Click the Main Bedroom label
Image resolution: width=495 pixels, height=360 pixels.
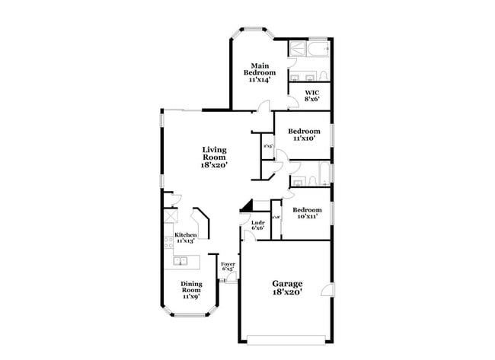(x=260, y=72)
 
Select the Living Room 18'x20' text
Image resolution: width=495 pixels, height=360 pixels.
(x=214, y=157)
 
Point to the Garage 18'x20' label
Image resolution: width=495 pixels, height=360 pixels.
(x=287, y=287)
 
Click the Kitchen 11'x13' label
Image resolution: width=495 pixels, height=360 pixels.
(x=187, y=237)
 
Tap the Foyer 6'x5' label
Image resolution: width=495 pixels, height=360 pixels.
(x=228, y=266)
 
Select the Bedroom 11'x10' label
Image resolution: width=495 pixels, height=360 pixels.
(x=304, y=134)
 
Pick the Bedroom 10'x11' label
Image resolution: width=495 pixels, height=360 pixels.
(x=306, y=212)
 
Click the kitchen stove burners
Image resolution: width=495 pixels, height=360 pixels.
(x=168, y=243)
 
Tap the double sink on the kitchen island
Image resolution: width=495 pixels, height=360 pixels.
(x=181, y=261)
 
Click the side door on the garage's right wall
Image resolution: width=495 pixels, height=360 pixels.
(x=327, y=290)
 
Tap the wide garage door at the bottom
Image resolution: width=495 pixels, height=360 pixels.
(x=287, y=339)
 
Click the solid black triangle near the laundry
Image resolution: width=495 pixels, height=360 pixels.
(x=245, y=205)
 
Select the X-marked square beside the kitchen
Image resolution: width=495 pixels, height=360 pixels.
(x=170, y=215)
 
